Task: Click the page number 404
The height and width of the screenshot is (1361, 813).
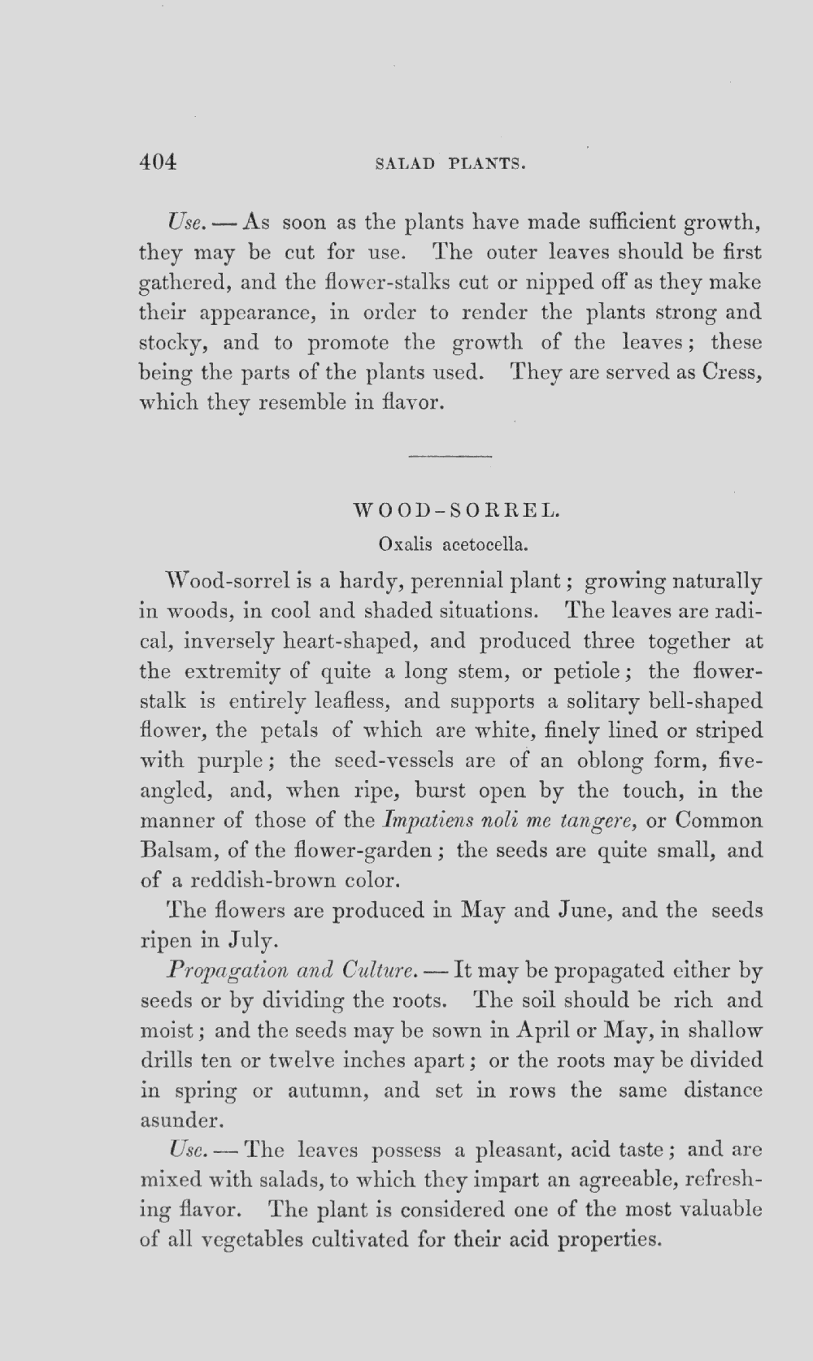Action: (x=158, y=162)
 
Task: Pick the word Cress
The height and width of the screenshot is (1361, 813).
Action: (x=732, y=373)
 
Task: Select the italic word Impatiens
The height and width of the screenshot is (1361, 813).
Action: (x=421, y=821)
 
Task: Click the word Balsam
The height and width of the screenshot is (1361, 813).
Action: (x=178, y=851)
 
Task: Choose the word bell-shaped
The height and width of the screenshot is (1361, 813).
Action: (x=706, y=701)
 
